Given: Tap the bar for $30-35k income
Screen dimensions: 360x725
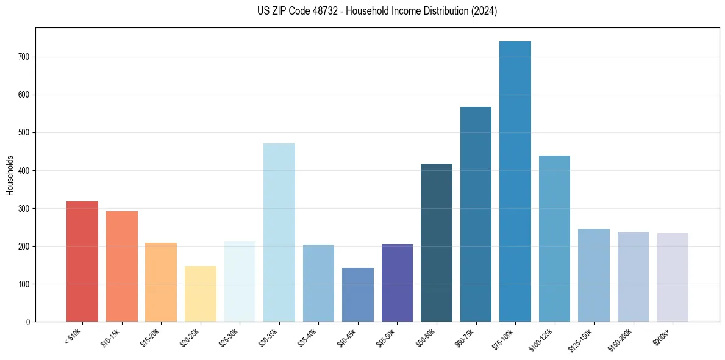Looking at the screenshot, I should tap(279, 232).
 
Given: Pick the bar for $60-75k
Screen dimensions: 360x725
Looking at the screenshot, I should tap(476, 214).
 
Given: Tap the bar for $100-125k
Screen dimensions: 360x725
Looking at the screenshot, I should tap(554, 239).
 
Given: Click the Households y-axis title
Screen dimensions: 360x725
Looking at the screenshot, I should tap(10, 175).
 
